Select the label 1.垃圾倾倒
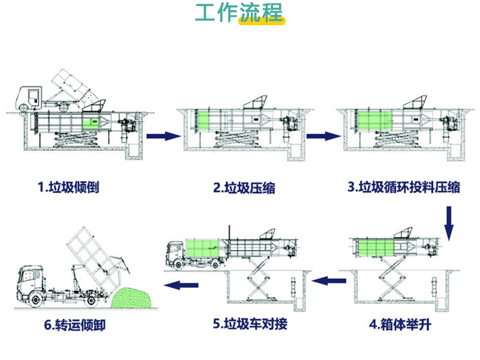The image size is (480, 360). click(x=68, y=187)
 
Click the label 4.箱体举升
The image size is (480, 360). click(x=400, y=325)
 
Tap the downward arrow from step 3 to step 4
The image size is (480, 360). click(x=450, y=223)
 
